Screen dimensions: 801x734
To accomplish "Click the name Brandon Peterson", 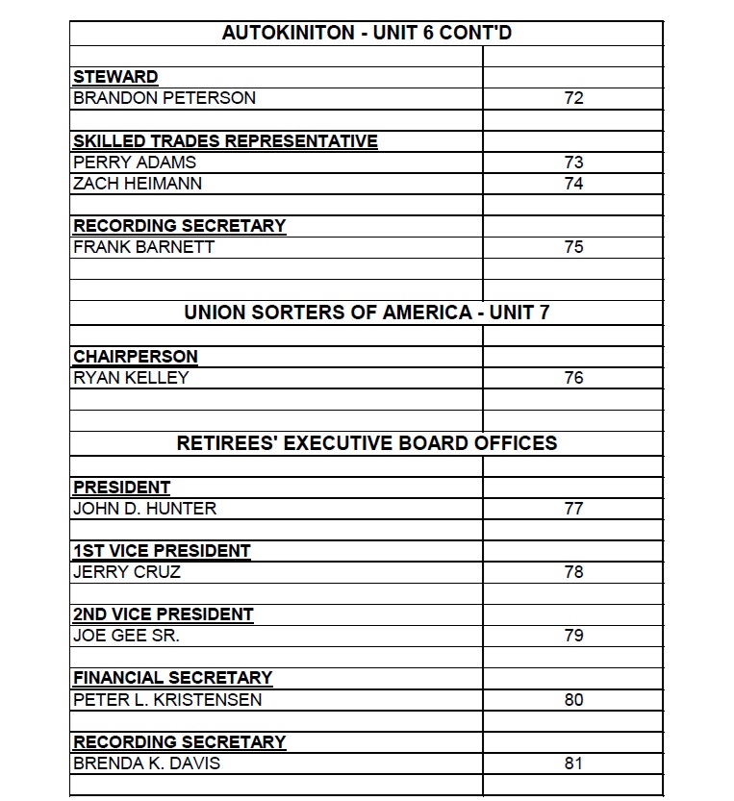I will pos(165,98).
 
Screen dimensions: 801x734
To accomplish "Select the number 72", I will pos(573,98).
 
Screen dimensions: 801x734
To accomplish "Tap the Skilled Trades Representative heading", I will pos(225,141).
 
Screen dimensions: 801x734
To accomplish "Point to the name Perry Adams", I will pos(135,163).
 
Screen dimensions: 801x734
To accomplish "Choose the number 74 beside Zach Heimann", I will pos(573,183).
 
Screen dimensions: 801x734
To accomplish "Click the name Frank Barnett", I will pos(144,247).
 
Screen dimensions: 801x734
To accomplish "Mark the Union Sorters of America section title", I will pos(367,313).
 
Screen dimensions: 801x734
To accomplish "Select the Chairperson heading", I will pos(136,357).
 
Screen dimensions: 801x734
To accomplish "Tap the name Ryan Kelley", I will pos(131,378).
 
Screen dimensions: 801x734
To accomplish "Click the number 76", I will pos(573,378).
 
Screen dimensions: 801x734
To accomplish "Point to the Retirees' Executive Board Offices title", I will pos(367,443).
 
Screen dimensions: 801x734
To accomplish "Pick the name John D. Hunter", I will pos(145,509).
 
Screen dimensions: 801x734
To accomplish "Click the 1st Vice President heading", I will pos(162,552).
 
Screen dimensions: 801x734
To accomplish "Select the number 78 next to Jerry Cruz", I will pos(573,572).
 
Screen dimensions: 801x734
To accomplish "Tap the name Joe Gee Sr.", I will pos(127,636).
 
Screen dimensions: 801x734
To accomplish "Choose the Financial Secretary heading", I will pos(173,678).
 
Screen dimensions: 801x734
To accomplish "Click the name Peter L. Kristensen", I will pos(167,700).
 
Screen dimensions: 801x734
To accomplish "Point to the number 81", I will pos(573,764).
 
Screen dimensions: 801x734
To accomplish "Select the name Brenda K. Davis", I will pos(147,764).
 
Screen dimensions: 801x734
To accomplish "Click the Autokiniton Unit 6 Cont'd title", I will pos(367,33).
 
